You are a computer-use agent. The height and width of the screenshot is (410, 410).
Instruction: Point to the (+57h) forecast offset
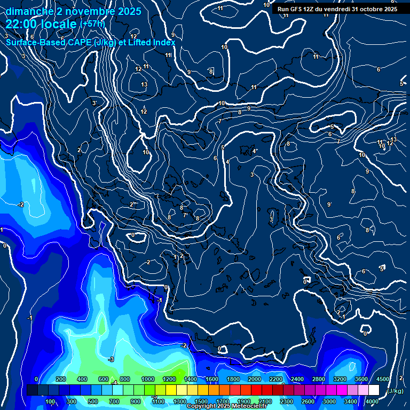(92, 24)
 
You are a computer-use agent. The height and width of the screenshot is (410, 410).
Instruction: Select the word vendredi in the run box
(336, 9)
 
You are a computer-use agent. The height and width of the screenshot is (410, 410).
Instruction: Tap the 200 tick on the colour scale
(60, 379)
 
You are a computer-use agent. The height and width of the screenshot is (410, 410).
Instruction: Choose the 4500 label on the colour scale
(383, 379)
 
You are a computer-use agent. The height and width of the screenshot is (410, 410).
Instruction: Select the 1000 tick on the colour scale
(147, 379)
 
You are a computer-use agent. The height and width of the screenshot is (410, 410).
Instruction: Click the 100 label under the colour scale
(50, 401)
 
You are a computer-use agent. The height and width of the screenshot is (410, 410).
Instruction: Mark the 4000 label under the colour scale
(372, 401)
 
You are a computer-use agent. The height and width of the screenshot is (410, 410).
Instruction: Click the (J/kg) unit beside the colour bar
(395, 391)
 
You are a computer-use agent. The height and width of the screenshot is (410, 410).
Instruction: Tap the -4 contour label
(114, 382)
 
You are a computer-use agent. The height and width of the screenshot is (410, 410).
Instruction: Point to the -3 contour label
(111, 359)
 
